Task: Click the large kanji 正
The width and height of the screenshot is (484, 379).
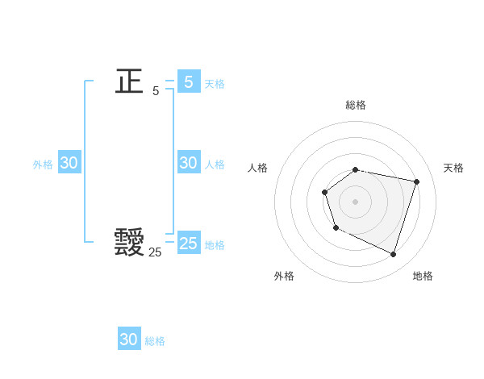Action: tap(129, 81)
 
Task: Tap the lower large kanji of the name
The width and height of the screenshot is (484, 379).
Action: tap(129, 241)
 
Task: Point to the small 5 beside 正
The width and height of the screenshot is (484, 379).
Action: tap(156, 91)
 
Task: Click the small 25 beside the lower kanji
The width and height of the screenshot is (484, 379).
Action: tap(155, 252)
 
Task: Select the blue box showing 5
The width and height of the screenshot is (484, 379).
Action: tap(189, 81)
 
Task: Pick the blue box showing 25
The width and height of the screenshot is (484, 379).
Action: tap(189, 244)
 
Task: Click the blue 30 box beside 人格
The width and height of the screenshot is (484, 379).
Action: tap(189, 163)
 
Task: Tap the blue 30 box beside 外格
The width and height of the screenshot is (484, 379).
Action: tap(69, 163)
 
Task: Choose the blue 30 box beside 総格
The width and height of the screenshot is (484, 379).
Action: tap(129, 339)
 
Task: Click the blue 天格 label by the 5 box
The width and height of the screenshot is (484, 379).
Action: tap(215, 84)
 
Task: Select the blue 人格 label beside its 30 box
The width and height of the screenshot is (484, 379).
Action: tap(215, 165)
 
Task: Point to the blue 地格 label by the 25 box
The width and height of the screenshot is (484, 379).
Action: tap(215, 245)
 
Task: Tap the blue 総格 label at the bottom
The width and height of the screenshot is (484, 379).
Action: tap(155, 341)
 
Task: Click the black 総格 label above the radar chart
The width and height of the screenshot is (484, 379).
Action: tap(356, 105)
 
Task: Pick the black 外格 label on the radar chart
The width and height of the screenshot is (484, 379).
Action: tap(284, 276)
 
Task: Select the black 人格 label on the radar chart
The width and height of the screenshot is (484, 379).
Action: tap(258, 168)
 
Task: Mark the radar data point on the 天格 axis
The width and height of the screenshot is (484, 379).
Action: tap(416, 181)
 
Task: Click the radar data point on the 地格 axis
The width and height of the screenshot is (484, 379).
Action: tap(393, 254)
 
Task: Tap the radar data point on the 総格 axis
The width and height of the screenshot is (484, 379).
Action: tap(356, 169)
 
